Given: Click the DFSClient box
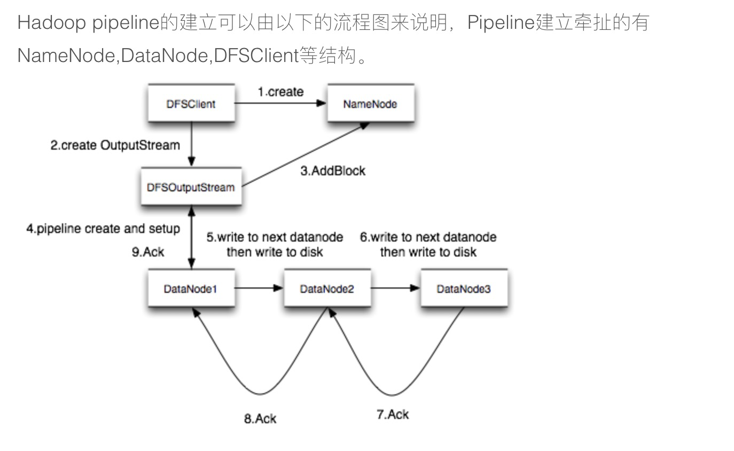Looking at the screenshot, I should point(191,104).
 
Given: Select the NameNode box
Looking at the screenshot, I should point(370,104).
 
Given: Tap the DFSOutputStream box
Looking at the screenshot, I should point(191,187).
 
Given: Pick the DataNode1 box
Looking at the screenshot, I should point(191,289).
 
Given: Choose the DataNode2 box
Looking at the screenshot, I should point(327,289).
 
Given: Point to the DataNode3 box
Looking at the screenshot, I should point(464,289).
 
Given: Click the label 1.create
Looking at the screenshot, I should point(280,92).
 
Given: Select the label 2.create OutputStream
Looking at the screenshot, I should point(115,145).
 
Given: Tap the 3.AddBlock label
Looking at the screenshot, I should point(333,171).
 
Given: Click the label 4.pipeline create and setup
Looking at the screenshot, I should point(103,229).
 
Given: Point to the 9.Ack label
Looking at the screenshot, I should point(148,252).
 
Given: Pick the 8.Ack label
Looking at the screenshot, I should point(260,418).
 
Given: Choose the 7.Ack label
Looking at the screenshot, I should point(393,414).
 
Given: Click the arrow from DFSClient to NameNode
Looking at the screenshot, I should point(280,103).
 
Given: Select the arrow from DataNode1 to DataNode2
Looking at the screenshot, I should point(259,289).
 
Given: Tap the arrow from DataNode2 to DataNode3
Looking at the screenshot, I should point(396,289).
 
